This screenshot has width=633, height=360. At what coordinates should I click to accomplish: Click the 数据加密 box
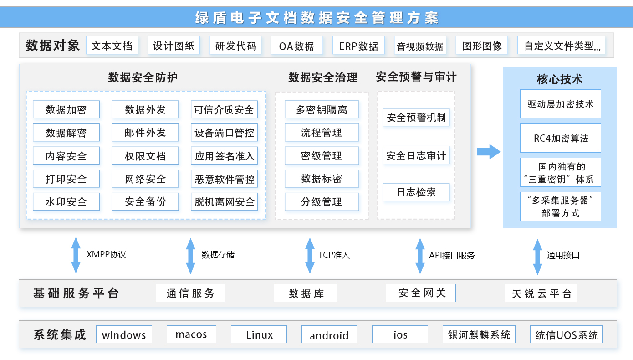pyautogui.click(x=66, y=109)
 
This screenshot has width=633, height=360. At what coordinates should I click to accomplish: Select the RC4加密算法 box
pyautogui.click(x=561, y=138)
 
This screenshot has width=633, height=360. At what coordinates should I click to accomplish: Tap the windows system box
pyautogui.click(x=124, y=335)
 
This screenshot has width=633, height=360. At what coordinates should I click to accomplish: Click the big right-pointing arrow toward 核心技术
pyautogui.click(x=488, y=151)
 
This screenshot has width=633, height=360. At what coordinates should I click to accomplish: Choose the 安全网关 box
pyautogui.click(x=420, y=293)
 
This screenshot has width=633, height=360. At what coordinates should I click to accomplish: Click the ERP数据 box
pyautogui.click(x=358, y=46)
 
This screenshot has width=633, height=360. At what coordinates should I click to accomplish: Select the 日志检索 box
pyautogui.click(x=416, y=192)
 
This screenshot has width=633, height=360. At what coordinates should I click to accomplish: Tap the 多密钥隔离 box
pyautogui.click(x=322, y=109)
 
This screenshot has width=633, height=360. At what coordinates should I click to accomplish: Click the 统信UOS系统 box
pyautogui.click(x=567, y=335)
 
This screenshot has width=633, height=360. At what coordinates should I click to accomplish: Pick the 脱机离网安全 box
pyautogui.click(x=224, y=201)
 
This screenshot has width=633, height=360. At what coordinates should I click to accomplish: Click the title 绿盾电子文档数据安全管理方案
pyautogui.click(x=316, y=17)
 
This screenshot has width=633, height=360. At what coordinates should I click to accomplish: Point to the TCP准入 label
pyautogui.click(x=334, y=255)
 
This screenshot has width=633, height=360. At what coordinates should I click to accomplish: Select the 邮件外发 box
pyautogui.click(x=145, y=133)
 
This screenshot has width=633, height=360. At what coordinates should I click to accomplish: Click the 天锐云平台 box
pyautogui.click(x=541, y=293)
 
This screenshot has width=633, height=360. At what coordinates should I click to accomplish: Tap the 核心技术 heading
pyautogui.click(x=560, y=79)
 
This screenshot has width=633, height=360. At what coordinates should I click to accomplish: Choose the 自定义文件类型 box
pyautogui.click(x=561, y=46)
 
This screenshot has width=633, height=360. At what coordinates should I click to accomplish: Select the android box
pyautogui.click(x=329, y=335)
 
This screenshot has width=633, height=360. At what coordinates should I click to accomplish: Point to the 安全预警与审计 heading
pyautogui.click(x=416, y=77)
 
